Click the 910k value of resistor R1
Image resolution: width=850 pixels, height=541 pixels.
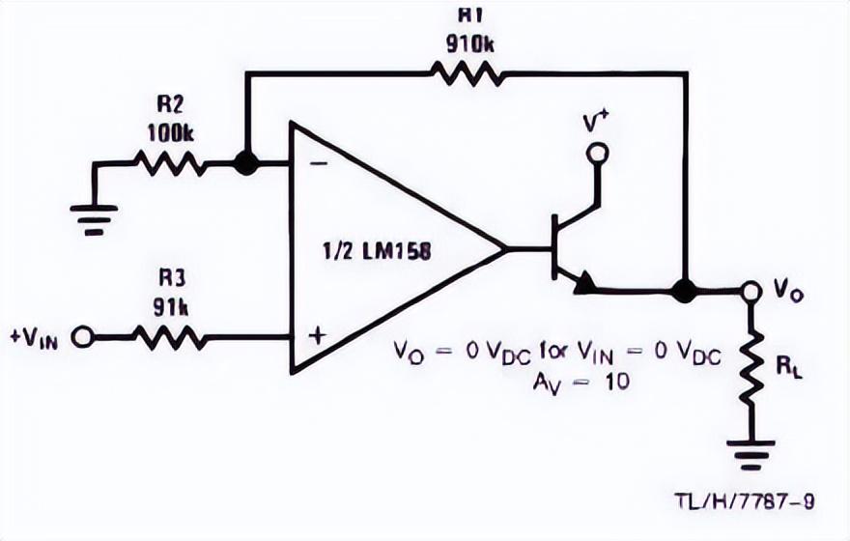[470, 43]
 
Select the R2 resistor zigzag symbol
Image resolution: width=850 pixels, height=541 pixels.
[170, 163]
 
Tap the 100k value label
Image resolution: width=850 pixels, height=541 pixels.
[171, 133]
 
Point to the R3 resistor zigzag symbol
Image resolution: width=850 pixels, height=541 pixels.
[170, 337]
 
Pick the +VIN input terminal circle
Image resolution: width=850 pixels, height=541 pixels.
[82, 337]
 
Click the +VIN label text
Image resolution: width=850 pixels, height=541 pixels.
[34, 338]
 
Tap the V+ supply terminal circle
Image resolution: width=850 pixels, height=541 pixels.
[597, 154]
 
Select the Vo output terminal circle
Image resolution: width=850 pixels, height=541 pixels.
[751, 291]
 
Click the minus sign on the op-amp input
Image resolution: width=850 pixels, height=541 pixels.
[321, 163]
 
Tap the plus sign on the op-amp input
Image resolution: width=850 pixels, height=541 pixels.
[318, 336]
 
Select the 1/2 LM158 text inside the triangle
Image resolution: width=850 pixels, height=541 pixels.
[378, 251]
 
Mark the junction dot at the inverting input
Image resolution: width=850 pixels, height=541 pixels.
[246, 163]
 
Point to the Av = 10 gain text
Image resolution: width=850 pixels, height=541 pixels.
[581, 383]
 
